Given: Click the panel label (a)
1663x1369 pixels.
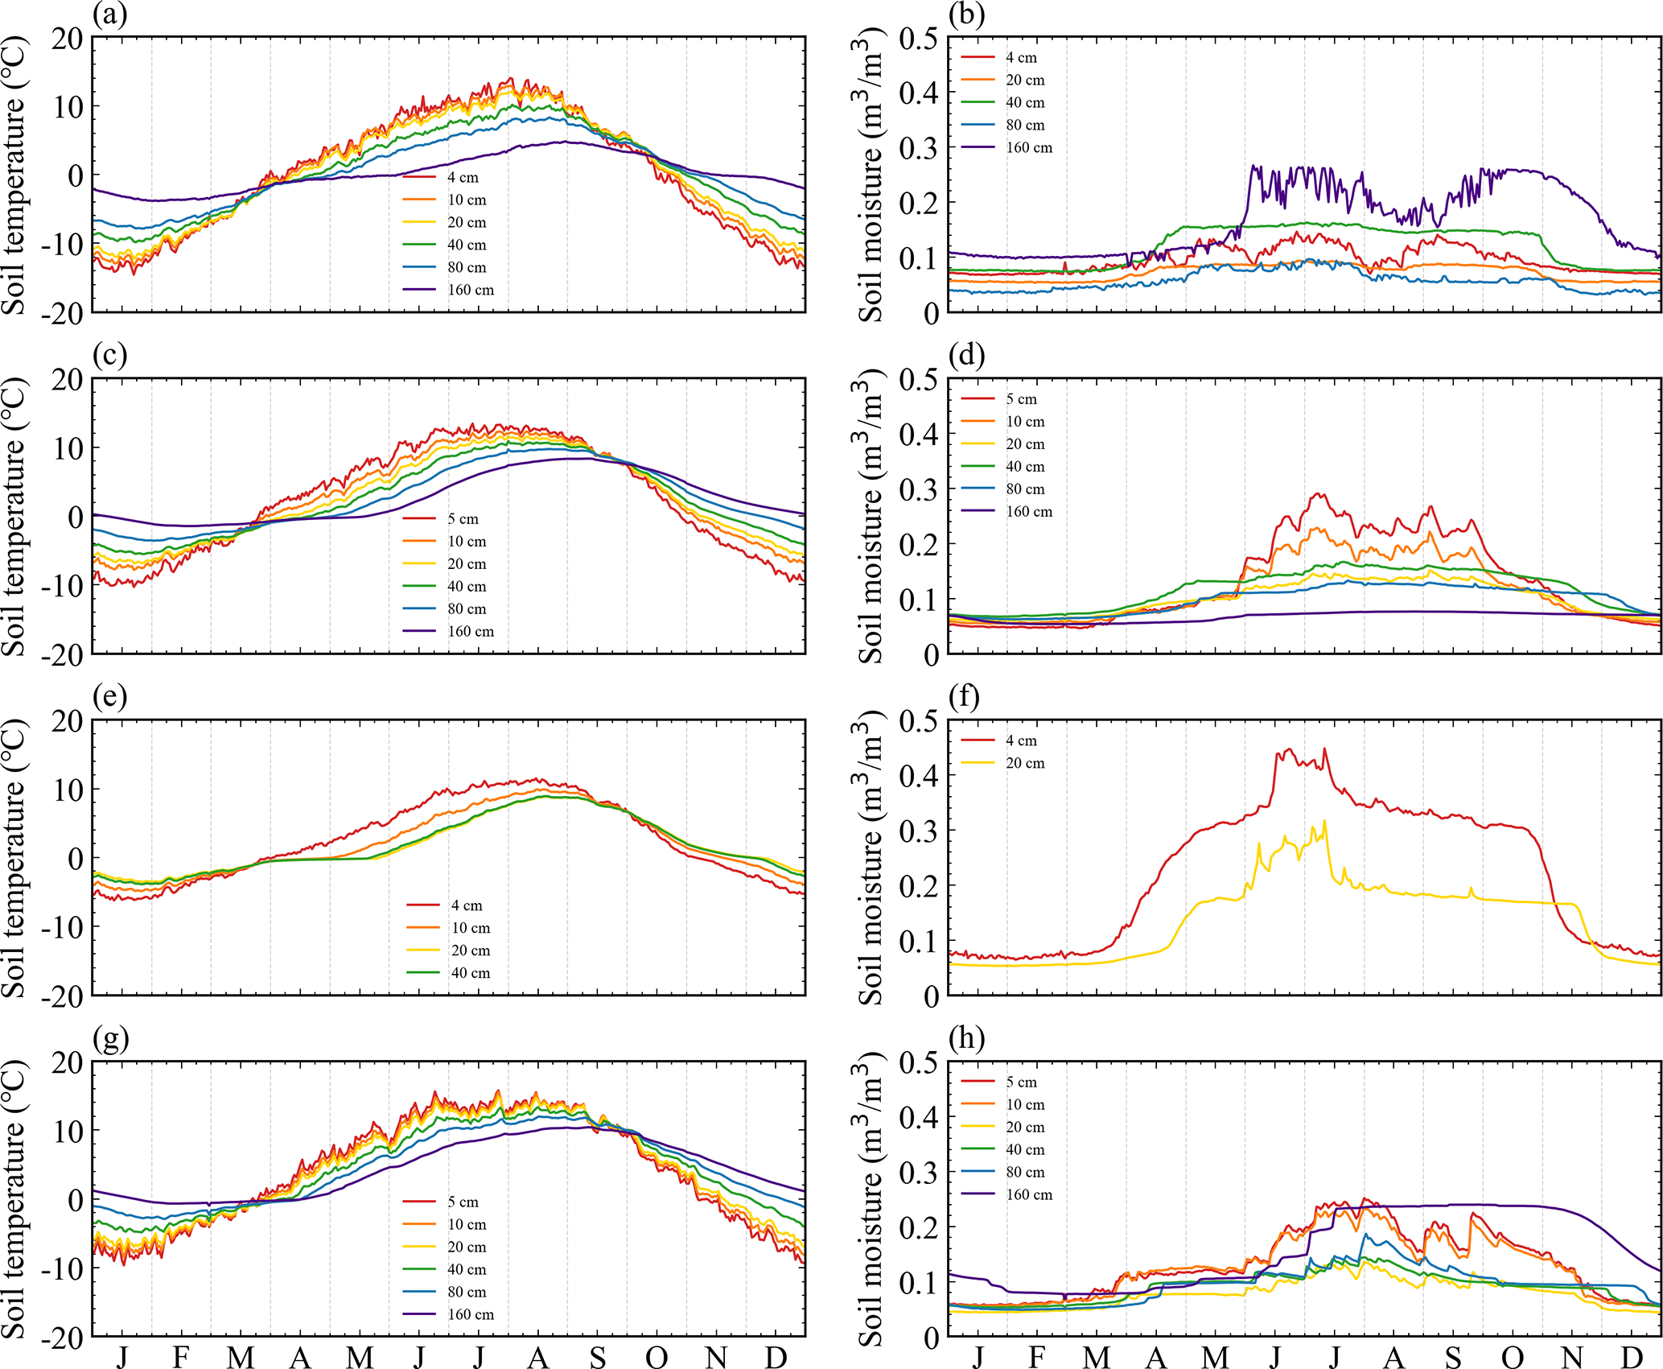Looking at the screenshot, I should click(x=110, y=14).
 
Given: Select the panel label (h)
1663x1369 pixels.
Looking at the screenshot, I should click(x=966, y=1038).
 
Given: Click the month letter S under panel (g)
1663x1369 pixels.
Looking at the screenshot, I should click(x=597, y=1358).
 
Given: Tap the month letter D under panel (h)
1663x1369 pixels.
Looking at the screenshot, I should click(x=1632, y=1358).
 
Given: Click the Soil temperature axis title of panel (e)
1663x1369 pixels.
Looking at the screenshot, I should click(x=14, y=858).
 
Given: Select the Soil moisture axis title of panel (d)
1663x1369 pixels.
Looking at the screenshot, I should click(x=871, y=517).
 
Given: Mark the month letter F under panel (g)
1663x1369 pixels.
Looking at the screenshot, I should click(x=181, y=1358).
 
